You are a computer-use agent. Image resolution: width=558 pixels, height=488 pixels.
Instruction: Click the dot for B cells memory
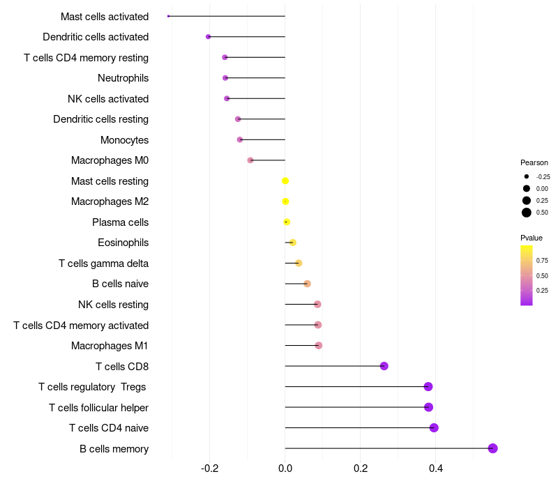click(492, 448)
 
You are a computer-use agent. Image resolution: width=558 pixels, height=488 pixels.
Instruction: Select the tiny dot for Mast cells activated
click(168, 16)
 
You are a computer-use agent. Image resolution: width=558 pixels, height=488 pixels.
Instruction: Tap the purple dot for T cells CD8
click(384, 365)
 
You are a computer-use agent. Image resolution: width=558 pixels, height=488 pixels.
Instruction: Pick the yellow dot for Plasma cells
click(287, 222)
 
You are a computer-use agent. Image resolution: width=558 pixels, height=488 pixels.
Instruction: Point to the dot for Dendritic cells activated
click(208, 37)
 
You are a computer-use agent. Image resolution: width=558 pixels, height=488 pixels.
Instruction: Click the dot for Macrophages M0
click(250, 160)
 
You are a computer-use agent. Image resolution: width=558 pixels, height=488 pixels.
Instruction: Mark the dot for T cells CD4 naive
click(434, 427)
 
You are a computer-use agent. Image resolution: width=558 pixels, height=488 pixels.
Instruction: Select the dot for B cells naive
click(307, 284)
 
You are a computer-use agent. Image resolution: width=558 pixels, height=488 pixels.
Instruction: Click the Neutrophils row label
click(123, 78)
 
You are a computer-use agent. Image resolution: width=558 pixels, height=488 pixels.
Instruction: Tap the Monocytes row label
click(125, 140)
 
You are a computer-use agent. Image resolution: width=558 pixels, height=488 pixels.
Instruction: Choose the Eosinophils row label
click(123, 243)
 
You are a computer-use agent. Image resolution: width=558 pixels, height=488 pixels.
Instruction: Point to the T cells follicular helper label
click(98, 408)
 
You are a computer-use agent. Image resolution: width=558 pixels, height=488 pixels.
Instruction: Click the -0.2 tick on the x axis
click(210, 468)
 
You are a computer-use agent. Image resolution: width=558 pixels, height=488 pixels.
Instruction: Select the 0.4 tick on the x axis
click(435, 468)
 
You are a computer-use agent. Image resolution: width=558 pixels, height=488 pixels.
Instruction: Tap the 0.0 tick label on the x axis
click(285, 468)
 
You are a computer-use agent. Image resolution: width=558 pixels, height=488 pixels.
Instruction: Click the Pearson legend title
click(534, 162)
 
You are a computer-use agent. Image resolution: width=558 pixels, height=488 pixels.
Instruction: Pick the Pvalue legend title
click(531, 238)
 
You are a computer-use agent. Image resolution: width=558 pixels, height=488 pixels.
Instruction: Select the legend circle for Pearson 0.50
click(527, 213)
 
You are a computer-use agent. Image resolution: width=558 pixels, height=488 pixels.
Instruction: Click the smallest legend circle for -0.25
click(527, 176)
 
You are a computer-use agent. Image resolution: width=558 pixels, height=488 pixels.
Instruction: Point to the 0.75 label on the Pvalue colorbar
click(542, 261)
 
